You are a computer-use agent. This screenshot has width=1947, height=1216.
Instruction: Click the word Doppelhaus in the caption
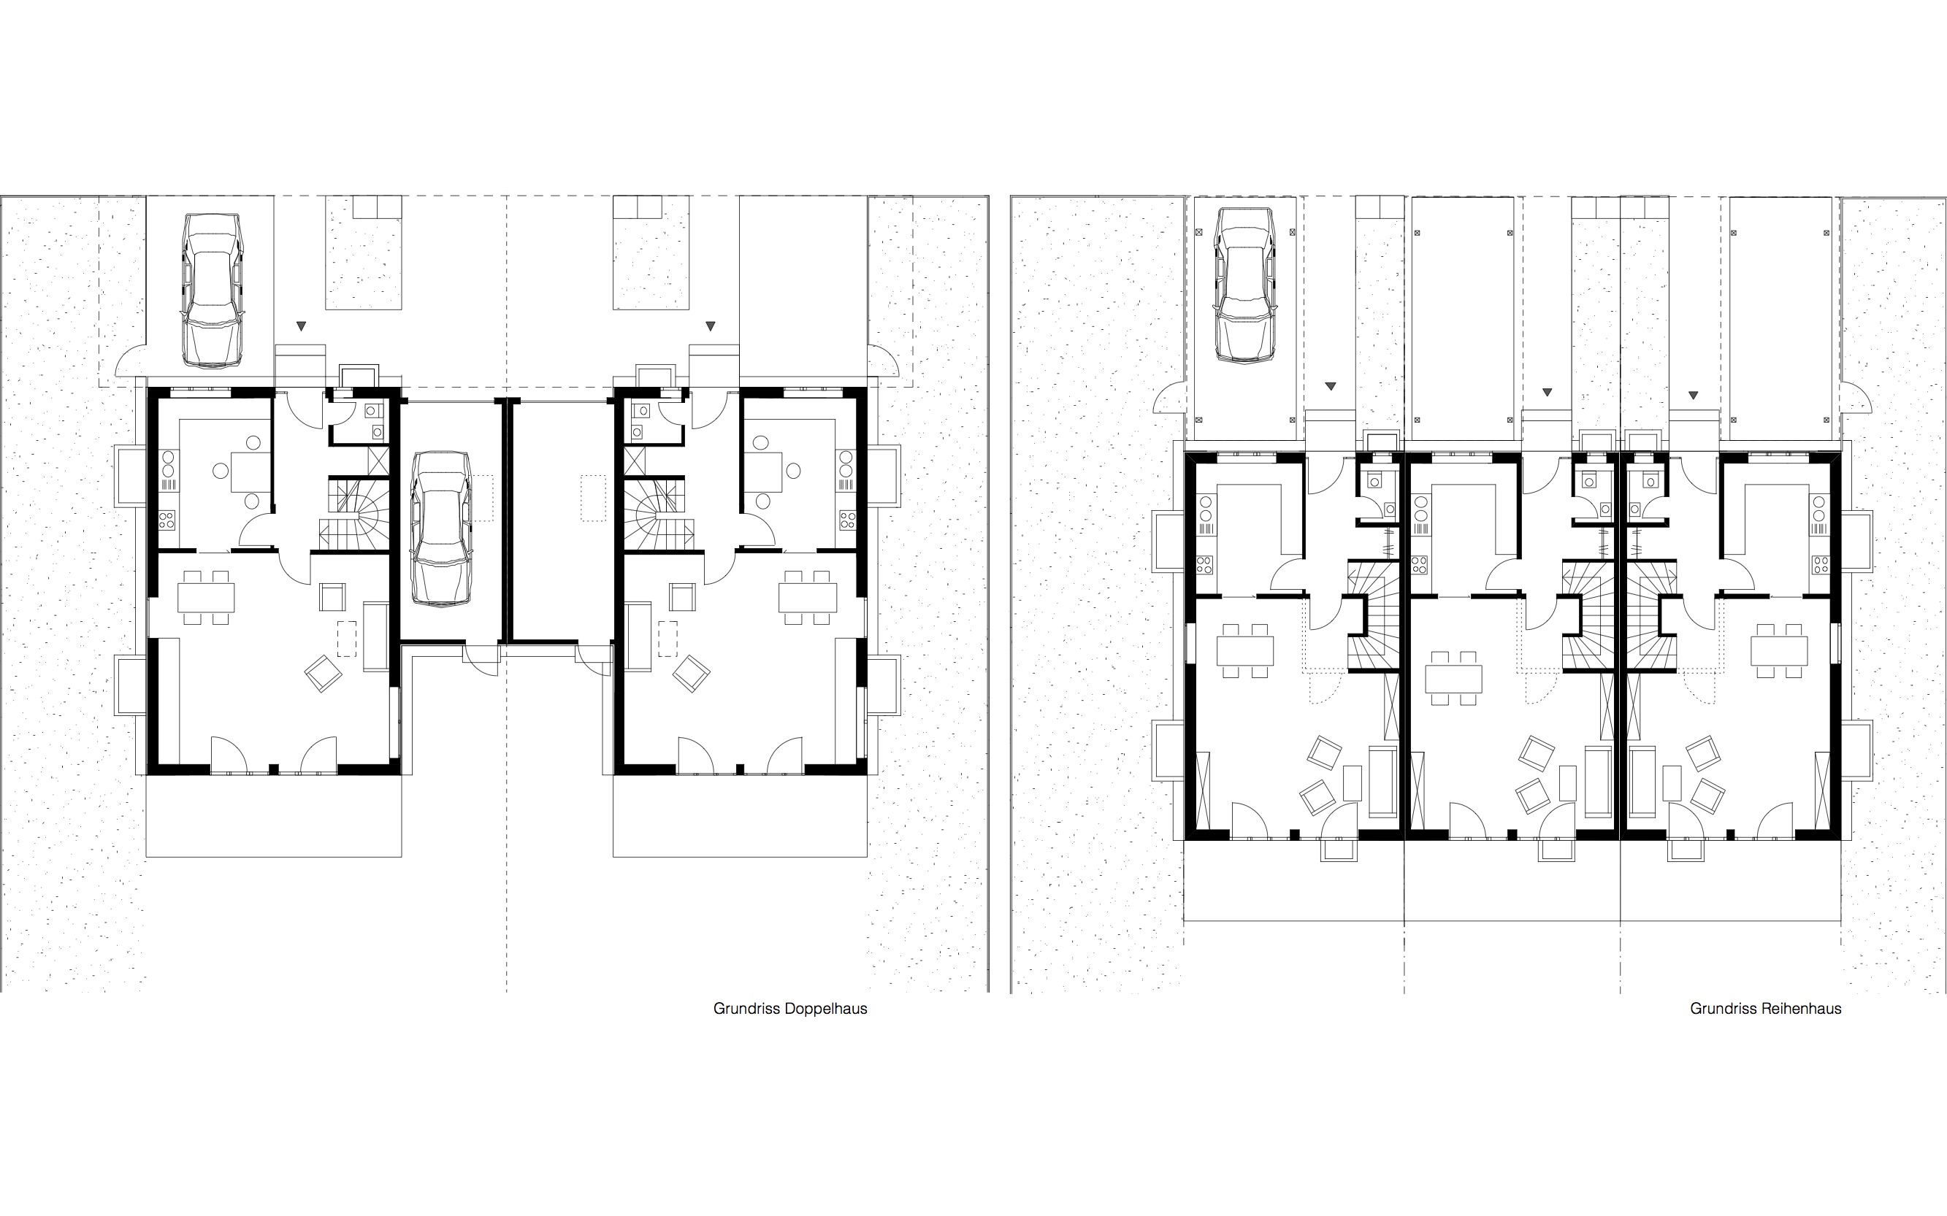tap(825, 1009)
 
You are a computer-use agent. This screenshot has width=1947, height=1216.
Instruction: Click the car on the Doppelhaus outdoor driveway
tap(213, 290)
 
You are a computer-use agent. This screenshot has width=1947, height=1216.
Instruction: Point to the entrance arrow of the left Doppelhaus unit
tap(301, 326)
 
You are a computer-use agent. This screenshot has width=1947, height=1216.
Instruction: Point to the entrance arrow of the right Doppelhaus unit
tap(710, 326)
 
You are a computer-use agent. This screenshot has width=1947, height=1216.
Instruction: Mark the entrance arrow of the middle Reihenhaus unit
tap(1546, 393)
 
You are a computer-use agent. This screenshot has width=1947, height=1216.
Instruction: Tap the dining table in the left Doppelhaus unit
tap(206, 598)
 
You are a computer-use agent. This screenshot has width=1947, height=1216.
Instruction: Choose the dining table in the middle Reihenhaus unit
tap(1454, 678)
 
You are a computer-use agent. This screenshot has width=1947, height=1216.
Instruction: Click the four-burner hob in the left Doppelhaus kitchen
tap(167, 520)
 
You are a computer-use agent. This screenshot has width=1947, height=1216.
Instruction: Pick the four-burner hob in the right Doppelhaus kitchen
tap(846, 520)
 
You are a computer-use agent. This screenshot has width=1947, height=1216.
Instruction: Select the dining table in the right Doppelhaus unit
tap(808, 598)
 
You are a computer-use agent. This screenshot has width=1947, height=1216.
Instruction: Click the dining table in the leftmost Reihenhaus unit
tap(1245, 650)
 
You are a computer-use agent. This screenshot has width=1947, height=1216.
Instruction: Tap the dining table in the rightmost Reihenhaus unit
tap(1780, 650)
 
